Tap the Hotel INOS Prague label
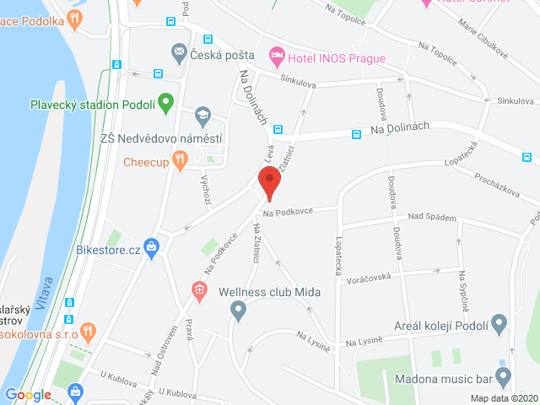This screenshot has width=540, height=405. (x=336, y=58)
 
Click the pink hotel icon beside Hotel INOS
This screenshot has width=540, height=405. (x=276, y=57)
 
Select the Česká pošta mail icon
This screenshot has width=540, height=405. (x=179, y=55)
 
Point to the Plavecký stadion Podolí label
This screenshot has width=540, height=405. (x=92, y=105)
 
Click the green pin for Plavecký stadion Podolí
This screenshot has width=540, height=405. (x=166, y=104)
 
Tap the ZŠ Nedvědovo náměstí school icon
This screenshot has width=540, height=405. (x=202, y=116)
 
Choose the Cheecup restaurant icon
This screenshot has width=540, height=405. (x=179, y=159)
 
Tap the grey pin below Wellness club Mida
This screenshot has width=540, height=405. (x=238, y=312)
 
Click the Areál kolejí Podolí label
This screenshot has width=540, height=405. (x=441, y=326)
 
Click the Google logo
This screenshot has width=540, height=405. (x=28, y=394)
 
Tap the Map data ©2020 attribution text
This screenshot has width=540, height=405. (x=503, y=398)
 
